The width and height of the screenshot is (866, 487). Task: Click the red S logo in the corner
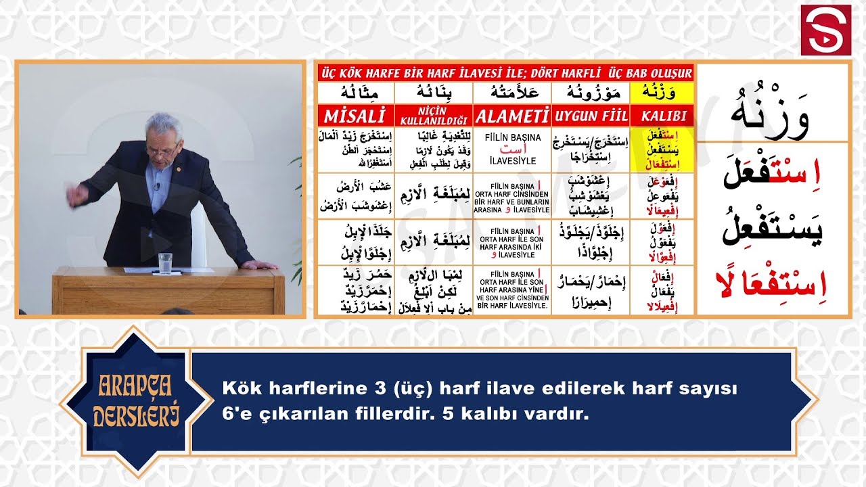click(x=825, y=30)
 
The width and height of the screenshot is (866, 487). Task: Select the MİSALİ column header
click(x=355, y=115)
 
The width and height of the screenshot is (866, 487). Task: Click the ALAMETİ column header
click(x=511, y=115)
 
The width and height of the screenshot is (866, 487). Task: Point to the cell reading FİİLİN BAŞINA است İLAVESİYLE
click(x=511, y=149)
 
